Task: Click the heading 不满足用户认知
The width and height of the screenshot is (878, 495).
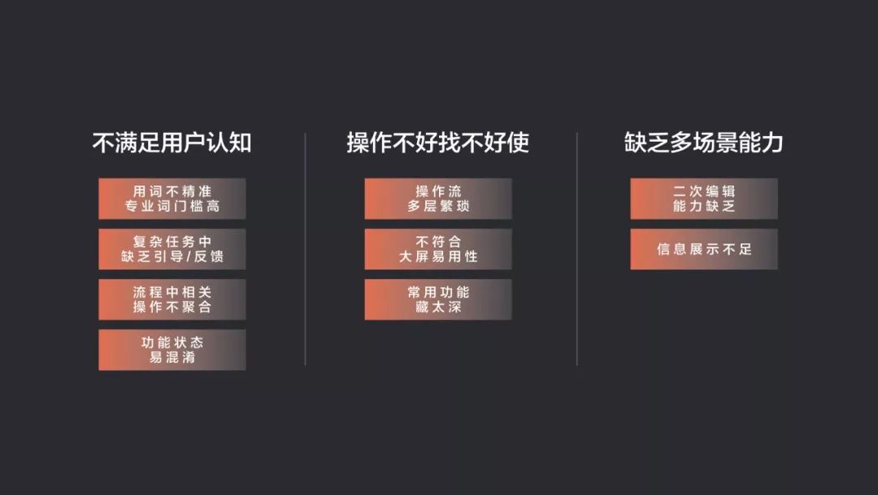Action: pos(172,143)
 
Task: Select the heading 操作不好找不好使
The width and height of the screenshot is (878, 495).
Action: pos(437,143)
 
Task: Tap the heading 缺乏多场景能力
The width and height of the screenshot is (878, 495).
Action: pos(703,143)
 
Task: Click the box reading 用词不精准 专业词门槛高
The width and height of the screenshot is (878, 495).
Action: pos(172,199)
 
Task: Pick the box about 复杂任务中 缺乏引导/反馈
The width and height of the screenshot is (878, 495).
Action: pos(172,249)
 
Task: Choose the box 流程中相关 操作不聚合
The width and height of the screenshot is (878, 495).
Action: pos(172,300)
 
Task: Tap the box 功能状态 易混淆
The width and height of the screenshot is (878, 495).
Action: pos(172,350)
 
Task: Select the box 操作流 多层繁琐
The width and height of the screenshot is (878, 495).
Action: pos(438,199)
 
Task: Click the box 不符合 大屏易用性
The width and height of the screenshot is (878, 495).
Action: pos(438,249)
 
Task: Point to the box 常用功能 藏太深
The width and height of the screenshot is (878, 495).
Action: pos(438,300)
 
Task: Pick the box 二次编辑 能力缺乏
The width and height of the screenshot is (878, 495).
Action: pos(704,199)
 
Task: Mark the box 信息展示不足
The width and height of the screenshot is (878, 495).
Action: pos(704,249)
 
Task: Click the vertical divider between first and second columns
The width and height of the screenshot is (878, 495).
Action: pos(305,249)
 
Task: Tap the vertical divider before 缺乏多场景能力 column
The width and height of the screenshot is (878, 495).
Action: pos(577,249)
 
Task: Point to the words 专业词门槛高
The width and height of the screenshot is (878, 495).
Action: pos(172,207)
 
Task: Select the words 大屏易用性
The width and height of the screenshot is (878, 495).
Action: pos(438,257)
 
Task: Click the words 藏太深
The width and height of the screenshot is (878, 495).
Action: pos(438,308)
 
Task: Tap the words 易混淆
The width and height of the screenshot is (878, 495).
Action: pos(172,358)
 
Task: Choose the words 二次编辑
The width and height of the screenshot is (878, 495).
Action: pos(704,191)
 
